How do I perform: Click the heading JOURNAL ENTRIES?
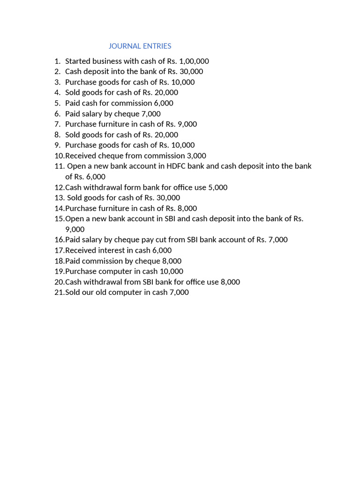coord(140,46)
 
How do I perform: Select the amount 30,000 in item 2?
coord(191,71)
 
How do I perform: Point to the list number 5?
coord(57,103)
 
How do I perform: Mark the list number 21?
coord(59,292)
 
